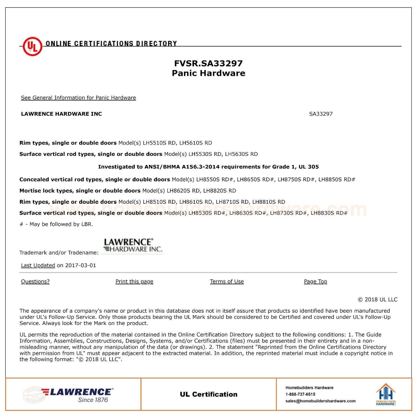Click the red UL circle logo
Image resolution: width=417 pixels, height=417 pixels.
click(32, 47)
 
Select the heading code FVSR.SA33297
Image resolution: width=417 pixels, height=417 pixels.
click(208, 63)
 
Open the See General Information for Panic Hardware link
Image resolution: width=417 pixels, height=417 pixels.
click(78, 98)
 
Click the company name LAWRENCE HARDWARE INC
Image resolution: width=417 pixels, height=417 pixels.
click(62, 114)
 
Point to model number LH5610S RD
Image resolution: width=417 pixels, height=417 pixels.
click(196, 143)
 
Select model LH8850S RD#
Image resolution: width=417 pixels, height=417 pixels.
click(337, 180)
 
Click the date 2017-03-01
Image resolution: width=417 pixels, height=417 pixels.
click(81, 266)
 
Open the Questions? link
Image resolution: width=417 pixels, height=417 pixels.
click(35, 281)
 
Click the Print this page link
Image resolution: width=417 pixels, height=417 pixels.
click(134, 281)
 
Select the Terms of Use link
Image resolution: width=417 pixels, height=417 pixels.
click(227, 281)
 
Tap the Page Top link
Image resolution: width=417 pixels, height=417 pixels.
click(315, 281)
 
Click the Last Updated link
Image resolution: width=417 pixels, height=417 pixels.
click(38, 266)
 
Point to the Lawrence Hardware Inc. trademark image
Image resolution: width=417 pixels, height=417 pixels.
click(132, 246)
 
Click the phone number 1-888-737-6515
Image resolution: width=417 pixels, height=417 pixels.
click(300, 394)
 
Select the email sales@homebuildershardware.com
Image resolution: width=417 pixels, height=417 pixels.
click(320, 401)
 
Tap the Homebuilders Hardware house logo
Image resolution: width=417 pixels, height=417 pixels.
click(386, 394)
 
